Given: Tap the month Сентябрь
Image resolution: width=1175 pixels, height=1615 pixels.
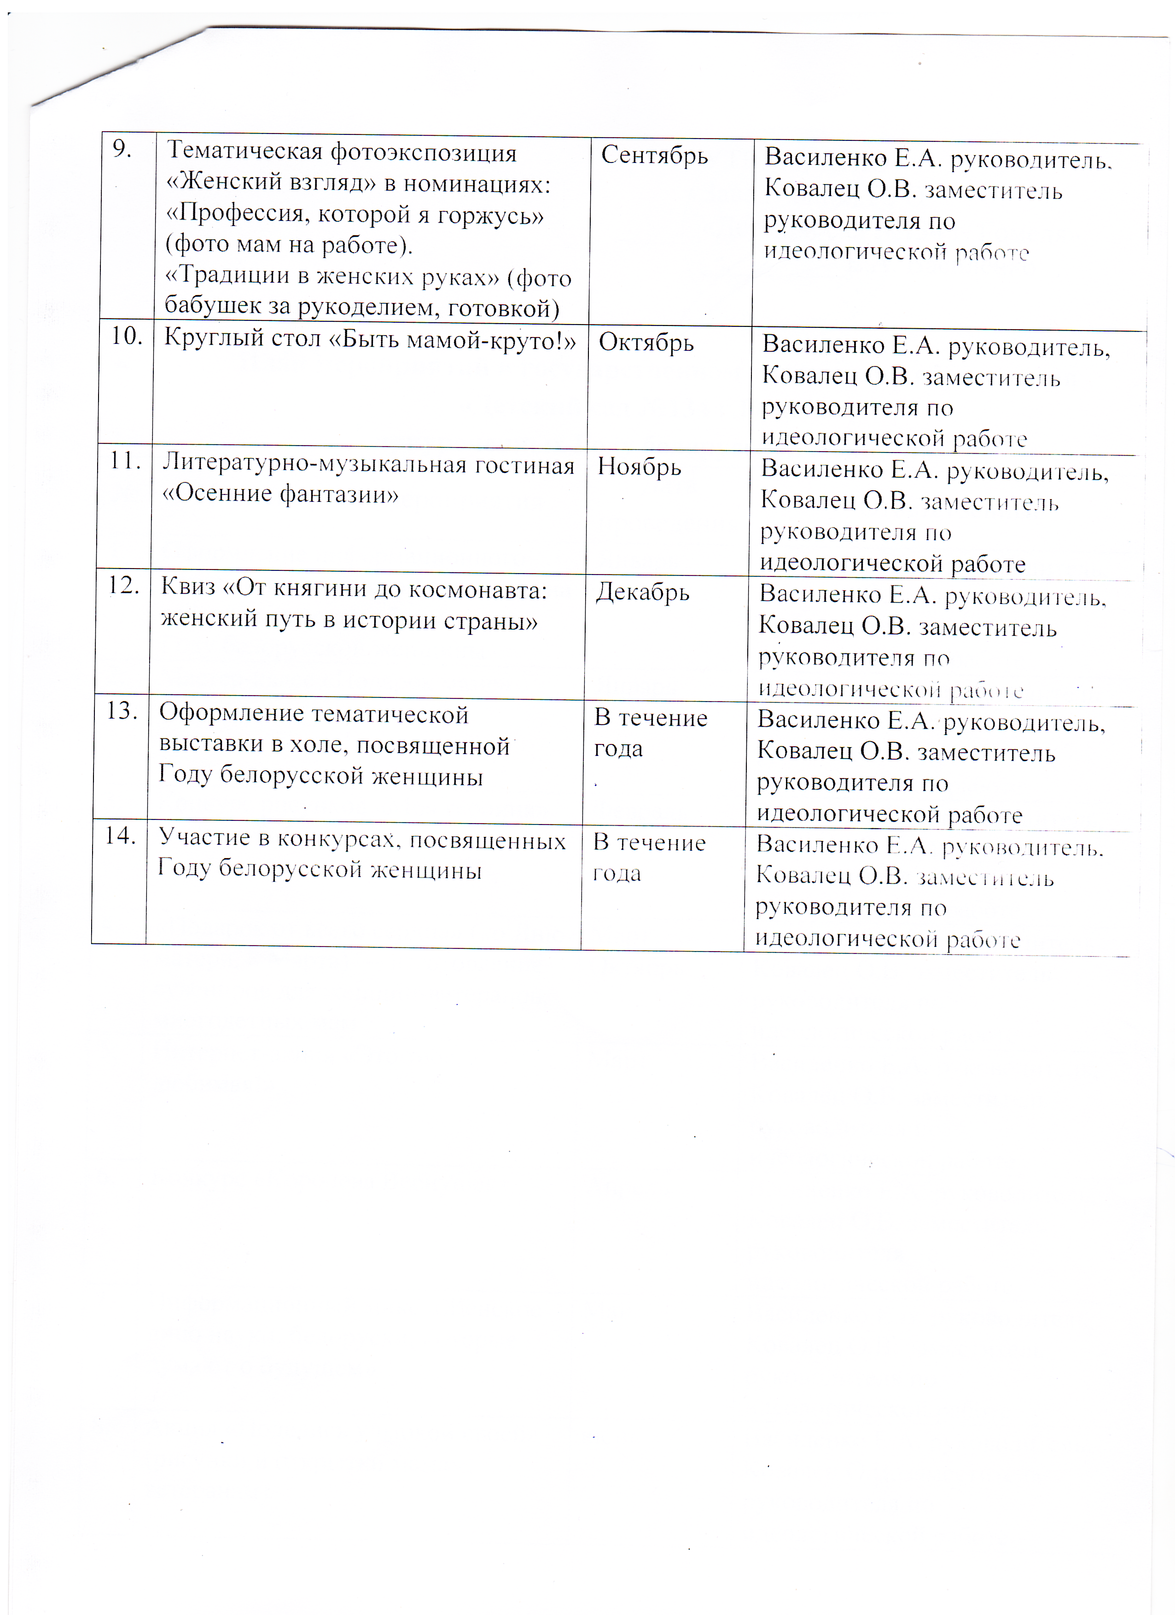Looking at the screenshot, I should [654, 156].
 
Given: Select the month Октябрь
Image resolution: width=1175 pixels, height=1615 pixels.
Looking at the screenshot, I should [646, 343].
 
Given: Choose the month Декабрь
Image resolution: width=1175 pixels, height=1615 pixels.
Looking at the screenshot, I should [642, 593].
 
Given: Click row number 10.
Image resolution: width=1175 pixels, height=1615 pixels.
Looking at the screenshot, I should [127, 336].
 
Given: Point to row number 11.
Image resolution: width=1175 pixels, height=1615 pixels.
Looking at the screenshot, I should [124, 461].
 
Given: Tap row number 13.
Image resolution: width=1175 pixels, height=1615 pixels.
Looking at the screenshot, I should [122, 711].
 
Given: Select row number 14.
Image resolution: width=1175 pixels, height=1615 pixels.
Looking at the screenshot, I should [120, 836].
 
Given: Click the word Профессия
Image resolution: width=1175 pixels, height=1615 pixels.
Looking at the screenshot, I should [242, 214].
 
